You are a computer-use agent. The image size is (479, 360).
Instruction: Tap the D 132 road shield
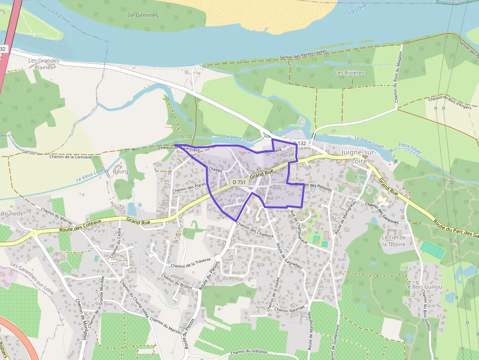click(300, 143)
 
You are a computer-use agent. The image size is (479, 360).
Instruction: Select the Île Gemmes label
click(143, 15)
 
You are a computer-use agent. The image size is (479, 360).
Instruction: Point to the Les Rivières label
click(349, 73)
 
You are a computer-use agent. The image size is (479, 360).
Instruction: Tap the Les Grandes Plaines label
click(44, 64)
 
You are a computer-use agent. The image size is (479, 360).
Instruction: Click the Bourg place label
click(120, 171)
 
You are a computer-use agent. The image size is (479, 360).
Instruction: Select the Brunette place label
click(12, 213)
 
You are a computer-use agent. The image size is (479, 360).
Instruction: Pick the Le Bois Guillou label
click(423, 287)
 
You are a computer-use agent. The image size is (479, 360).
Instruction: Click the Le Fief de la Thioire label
click(394, 240)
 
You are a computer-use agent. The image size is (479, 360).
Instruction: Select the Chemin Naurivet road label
click(289, 309)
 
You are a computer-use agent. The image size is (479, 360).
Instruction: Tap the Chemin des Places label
click(189, 188)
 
